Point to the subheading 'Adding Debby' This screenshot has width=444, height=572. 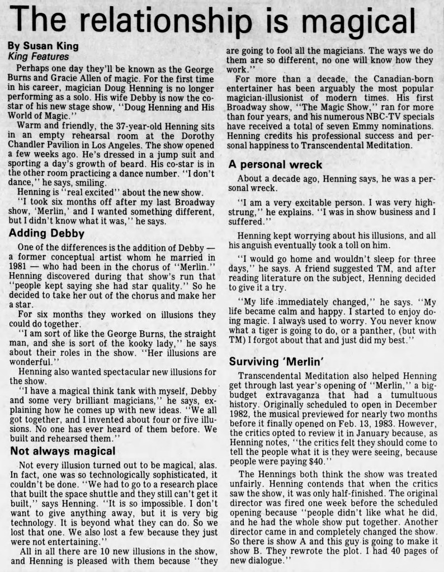click(x=46, y=233)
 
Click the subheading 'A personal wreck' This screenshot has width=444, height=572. click(x=276, y=164)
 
